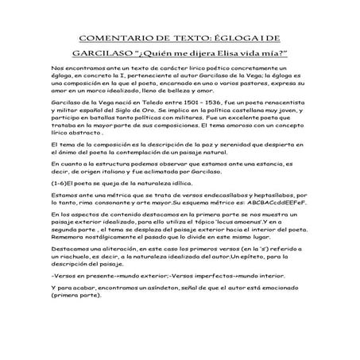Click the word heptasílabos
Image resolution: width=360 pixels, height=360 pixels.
pyautogui.click(x=261, y=194)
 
